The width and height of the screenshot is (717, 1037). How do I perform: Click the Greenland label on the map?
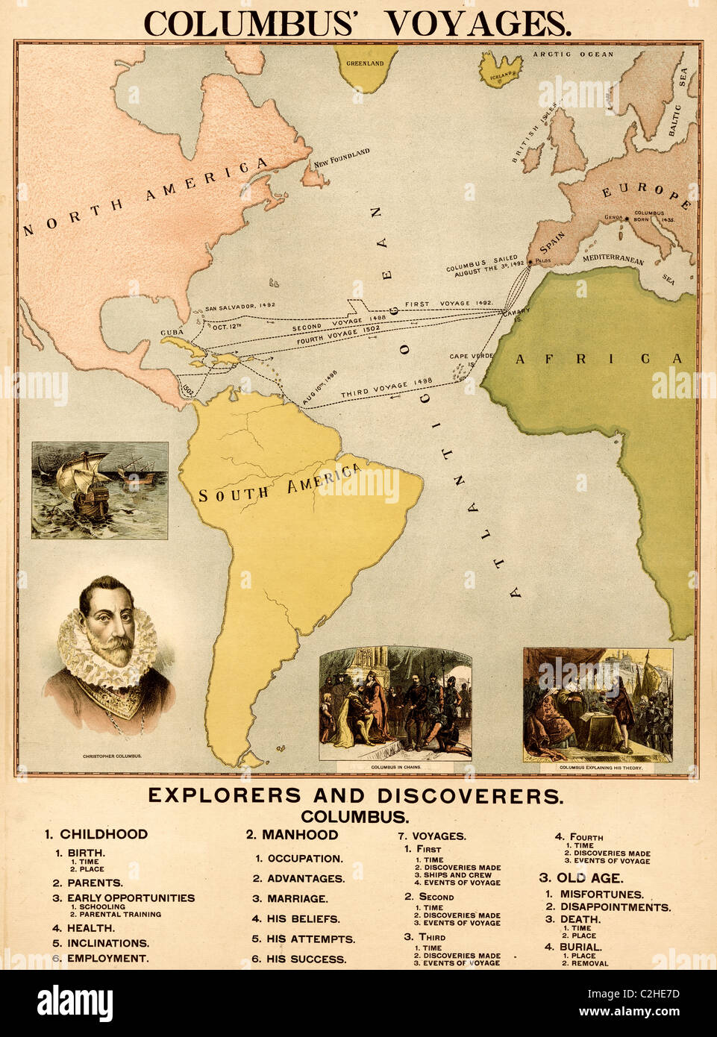point(365,63)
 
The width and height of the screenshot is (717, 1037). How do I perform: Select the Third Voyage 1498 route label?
point(386,387)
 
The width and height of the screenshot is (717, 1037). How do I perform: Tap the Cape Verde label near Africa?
point(472,357)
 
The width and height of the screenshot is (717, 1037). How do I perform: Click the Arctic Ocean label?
point(573,54)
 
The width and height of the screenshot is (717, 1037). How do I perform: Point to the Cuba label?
point(172,333)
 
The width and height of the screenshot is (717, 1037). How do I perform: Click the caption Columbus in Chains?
point(395,767)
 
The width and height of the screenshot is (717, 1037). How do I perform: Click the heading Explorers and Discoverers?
point(355,795)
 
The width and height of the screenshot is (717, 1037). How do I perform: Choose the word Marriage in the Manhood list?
point(297,899)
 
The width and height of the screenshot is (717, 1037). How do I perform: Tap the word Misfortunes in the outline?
point(601,894)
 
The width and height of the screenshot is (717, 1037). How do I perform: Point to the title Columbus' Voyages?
point(357,23)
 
